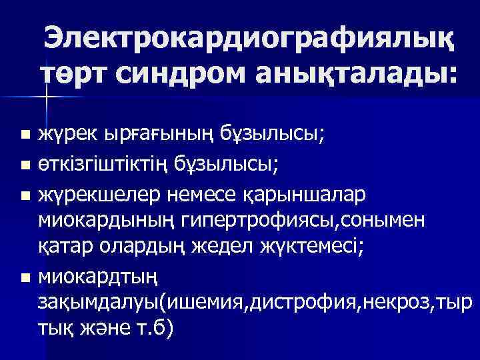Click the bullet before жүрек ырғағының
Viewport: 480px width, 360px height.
[x=25, y=136]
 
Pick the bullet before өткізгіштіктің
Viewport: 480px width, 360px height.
[x=25, y=162]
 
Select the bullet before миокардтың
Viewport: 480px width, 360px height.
[x=25, y=277]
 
